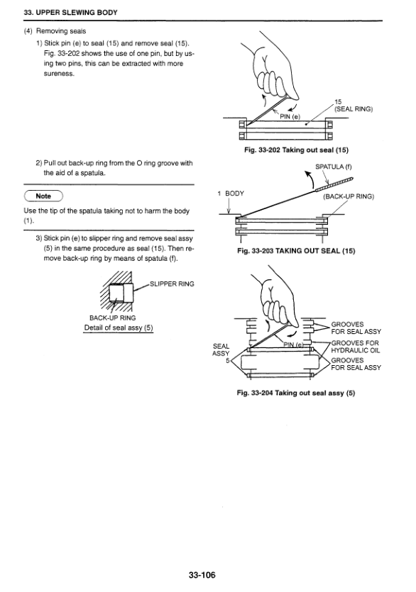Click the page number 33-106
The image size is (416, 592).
click(x=202, y=575)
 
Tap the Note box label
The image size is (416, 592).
click(x=43, y=196)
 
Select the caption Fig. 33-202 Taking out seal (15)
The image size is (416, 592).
click(x=296, y=150)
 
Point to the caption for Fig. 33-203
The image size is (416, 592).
click(x=296, y=251)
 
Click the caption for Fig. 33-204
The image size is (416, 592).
click(x=296, y=393)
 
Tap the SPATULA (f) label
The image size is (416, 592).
click(x=334, y=167)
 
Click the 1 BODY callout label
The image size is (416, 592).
click(x=231, y=194)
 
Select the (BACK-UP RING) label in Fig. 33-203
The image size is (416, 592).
click(x=349, y=196)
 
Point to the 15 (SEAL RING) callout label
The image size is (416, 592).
click(x=354, y=106)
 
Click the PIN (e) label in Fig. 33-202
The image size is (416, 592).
click(x=290, y=117)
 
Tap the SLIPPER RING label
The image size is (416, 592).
click(x=172, y=284)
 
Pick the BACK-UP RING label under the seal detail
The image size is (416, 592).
click(x=112, y=318)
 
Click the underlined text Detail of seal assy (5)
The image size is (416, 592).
click(x=119, y=328)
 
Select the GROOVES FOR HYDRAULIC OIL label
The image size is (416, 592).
click(x=356, y=347)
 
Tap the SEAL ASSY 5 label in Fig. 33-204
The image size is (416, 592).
click(x=221, y=353)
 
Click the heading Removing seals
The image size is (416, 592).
click(x=61, y=31)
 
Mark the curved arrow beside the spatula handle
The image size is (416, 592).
click(x=311, y=179)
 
